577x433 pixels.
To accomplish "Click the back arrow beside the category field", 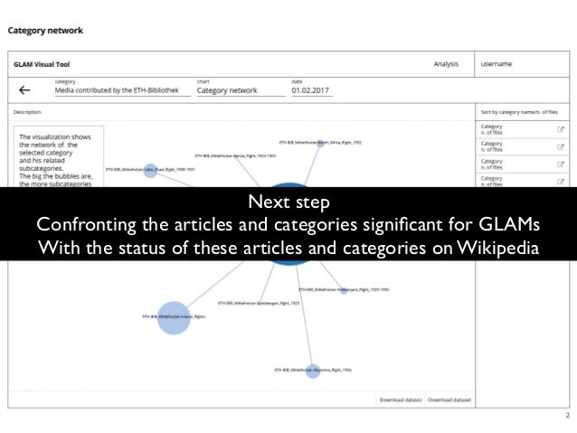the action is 24,89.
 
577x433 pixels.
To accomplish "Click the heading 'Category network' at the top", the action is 45,31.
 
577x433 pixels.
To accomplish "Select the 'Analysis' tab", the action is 446,64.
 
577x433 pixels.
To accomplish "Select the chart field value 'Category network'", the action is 227,90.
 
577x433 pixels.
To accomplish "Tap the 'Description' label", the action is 28,112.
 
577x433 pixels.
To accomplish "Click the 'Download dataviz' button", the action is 400,398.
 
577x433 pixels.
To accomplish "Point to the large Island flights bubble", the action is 174,317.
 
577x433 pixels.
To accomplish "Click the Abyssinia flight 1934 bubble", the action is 313,370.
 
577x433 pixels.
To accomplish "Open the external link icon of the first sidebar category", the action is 561,129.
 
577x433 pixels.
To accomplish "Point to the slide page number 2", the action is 567,417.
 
